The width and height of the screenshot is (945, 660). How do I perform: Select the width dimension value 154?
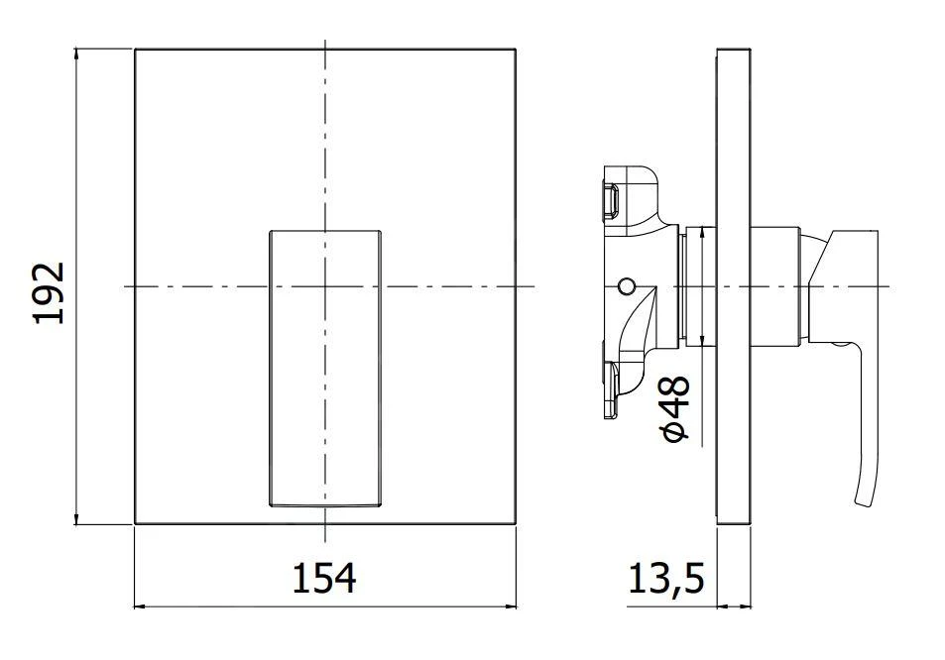[323, 577]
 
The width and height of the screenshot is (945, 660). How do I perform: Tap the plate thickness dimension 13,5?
[665, 578]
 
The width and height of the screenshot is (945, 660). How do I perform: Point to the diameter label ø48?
[676, 409]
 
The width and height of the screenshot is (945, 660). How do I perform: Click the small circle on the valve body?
[624, 286]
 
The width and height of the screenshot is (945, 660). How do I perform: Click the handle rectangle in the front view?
[324, 369]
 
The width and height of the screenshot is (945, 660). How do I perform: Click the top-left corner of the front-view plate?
[135, 48]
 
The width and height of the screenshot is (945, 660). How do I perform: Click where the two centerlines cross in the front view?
[324, 286]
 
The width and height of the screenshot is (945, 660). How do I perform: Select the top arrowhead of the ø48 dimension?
[702, 232]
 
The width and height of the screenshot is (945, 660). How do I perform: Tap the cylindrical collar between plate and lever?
[774, 286]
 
